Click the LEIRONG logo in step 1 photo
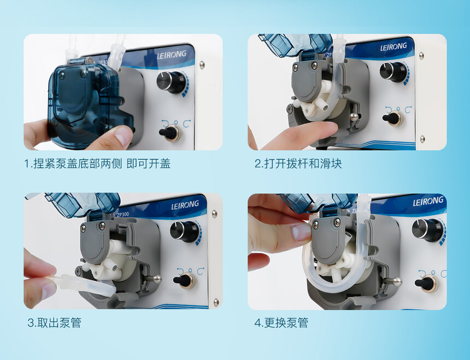pyautogui.click(x=172, y=55)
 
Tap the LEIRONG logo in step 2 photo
pyautogui.click(x=393, y=47)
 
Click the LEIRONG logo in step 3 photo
pyautogui.click(x=185, y=205)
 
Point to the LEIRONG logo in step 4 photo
pyautogui.click(x=428, y=201)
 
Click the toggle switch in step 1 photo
pyautogui.click(x=170, y=132)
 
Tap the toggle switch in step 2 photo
pyautogui.click(x=393, y=118)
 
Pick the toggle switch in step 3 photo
pyautogui.click(x=184, y=281)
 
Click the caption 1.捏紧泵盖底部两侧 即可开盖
pyautogui.click(x=97, y=164)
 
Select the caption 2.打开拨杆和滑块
pyautogui.click(x=298, y=164)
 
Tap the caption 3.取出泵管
pyautogui.click(x=54, y=323)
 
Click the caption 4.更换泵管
pyautogui.click(x=281, y=323)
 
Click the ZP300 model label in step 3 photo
pyautogui.click(x=123, y=215)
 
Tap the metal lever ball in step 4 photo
pyautogui.click(x=397, y=282)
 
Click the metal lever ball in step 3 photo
pyautogui.click(x=156, y=279)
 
